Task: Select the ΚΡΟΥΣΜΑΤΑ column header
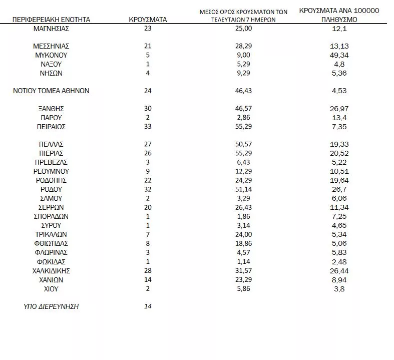pyautogui.click(x=147, y=20)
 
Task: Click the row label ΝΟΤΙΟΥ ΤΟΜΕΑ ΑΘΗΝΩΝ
pyautogui.click(x=51, y=91)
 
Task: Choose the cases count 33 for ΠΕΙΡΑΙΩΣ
pyautogui.click(x=147, y=127)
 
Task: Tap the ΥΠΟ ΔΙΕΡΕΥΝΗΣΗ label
pyautogui.click(x=51, y=306)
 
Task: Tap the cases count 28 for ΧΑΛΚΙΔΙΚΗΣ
pyautogui.click(x=147, y=271)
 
